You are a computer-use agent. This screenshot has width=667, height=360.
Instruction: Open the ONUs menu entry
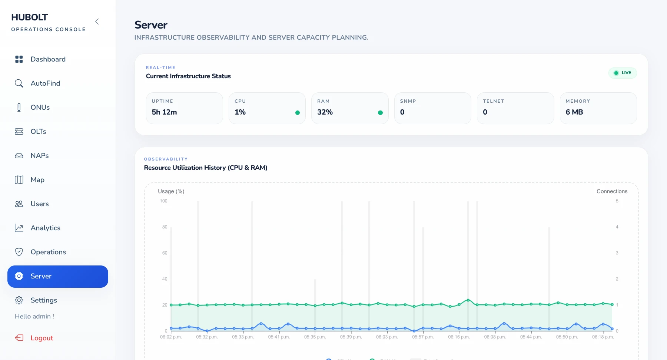[40, 108]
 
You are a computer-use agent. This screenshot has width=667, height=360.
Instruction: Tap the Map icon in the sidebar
[19, 180]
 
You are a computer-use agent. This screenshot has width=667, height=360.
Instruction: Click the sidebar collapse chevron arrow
[97, 22]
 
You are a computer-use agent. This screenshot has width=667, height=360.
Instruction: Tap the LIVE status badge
[623, 73]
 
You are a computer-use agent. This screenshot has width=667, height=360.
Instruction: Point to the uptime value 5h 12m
[164, 112]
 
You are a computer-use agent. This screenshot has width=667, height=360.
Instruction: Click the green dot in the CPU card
[297, 113]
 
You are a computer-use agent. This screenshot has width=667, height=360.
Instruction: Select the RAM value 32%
[325, 112]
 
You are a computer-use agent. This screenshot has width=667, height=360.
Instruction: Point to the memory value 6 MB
[574, 112]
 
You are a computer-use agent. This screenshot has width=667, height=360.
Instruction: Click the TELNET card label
[494, 101]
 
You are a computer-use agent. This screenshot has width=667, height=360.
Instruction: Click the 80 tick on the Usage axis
[165, 227]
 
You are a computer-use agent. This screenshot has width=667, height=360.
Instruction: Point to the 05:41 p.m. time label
[279, 337]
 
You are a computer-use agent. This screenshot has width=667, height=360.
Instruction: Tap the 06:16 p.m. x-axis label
[459, 337]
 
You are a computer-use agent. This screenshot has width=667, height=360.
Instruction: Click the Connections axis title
[612, 191]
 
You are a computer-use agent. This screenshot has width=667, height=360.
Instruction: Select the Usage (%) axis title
[171, 191]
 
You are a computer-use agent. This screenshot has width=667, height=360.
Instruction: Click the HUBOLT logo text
[30, 17]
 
